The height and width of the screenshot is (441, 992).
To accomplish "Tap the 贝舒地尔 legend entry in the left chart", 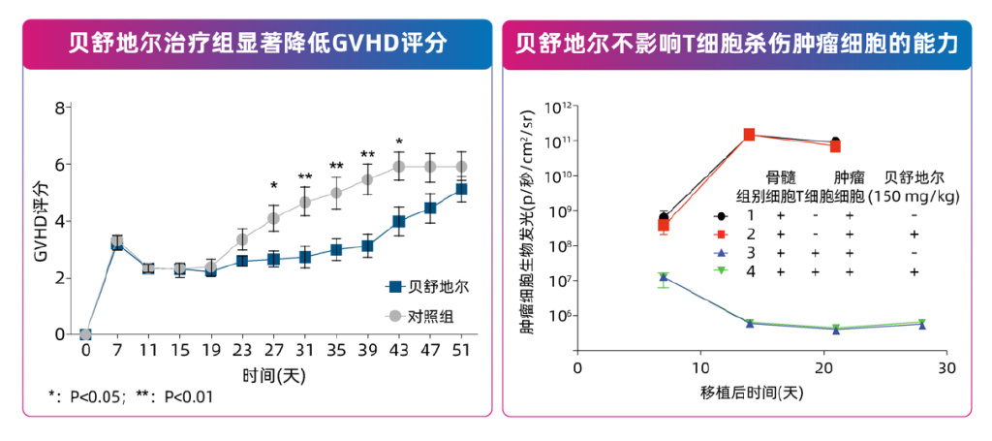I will [x=426, y=287].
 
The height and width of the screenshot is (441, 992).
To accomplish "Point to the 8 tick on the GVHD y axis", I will [x=59, y=108].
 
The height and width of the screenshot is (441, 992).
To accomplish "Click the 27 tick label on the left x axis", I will [x=274, y=350].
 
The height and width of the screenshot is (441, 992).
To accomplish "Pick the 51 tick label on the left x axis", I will [x=462, y=350].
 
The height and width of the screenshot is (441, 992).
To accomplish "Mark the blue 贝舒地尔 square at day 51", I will [x=462, y=189].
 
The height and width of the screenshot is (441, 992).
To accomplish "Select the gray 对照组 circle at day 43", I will [x=399, y=167].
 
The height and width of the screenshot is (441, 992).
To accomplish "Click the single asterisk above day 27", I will [x=274, y=186].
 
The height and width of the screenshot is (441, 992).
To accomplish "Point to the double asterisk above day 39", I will [x=368, y=155].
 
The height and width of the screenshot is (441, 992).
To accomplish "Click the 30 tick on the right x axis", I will [x=947, y=367].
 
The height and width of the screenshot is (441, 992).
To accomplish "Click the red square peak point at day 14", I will [x=749, y=135].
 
